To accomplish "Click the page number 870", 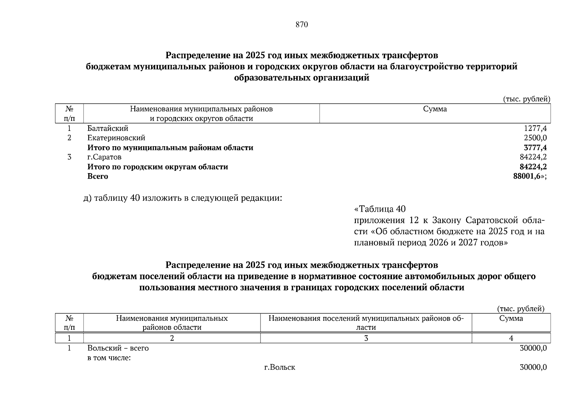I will (301, 25).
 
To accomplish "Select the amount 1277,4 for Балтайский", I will (535, 128).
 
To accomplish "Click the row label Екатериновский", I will (116, 138).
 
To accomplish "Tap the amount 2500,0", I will (535, 138).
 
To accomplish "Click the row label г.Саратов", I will (104, 157).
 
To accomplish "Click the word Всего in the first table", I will (98, 177).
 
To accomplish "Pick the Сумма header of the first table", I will (435, 109).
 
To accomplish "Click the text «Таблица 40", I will (380, 209).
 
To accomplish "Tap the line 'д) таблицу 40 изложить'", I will (182, 198).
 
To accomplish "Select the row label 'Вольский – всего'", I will (118, 348).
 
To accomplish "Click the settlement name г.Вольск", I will (279, 367).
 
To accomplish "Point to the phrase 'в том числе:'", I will (109, 358).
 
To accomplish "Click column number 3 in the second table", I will (366, 338).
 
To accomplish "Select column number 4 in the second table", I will (511, 338).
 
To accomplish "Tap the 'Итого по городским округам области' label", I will (158, 167).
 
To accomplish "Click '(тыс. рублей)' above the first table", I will (527, 99).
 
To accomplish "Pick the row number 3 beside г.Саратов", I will (69, 157).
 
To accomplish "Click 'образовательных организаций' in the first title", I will (301, 78).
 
